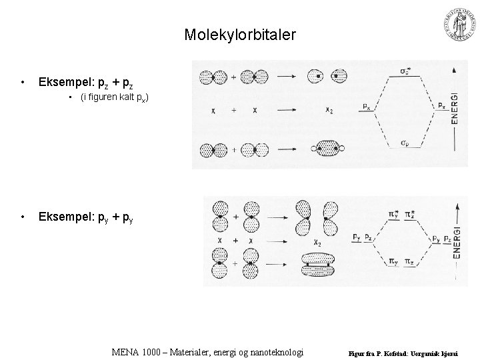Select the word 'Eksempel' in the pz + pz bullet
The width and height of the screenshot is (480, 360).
(65, 83)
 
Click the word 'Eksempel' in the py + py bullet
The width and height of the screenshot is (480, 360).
(65, 217)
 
